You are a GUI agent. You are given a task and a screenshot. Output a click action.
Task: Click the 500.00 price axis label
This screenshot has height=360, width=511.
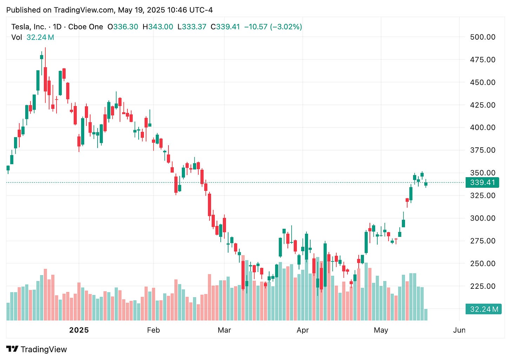coord(483,37)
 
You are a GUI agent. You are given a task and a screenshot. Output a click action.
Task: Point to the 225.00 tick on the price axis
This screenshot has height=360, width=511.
coord(483,286)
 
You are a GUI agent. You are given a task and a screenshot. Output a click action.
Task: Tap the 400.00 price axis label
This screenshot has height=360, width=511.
coord(483,128)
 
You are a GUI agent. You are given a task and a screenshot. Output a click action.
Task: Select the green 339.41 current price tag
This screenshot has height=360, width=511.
coord(482,182)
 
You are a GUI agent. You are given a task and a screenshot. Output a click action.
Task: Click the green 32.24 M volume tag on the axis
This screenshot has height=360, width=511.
coord(483,309)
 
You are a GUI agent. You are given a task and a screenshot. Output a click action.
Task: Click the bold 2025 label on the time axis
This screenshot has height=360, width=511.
coord(79,330)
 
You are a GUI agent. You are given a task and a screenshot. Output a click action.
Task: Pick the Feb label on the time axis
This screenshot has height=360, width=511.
coord(153,330)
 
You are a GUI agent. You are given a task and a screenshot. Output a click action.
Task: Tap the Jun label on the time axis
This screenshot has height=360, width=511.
coord(459,330)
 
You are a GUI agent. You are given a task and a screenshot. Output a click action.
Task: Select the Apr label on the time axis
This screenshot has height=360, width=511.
coord(303,330)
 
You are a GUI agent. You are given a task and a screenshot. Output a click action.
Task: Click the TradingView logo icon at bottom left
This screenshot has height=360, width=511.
coord(12,349)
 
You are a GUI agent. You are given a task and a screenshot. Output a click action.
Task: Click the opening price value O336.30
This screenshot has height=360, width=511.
coord(123,27)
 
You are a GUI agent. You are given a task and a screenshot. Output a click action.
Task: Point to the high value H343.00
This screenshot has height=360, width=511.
coord(158,27)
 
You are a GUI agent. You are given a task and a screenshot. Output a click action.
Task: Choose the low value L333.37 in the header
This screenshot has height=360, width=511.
coord(192,27)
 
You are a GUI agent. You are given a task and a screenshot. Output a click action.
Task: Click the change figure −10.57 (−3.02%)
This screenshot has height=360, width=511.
coord(273,27)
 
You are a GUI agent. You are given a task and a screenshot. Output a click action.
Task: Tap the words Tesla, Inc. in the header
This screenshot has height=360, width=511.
coord(28,27)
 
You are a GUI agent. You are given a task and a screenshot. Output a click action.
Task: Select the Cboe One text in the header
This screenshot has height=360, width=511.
coord(86,27)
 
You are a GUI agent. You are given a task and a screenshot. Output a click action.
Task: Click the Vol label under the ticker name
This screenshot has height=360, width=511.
coord(16,38)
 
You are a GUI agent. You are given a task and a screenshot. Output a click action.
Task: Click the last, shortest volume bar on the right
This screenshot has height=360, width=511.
coord(426,315)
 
